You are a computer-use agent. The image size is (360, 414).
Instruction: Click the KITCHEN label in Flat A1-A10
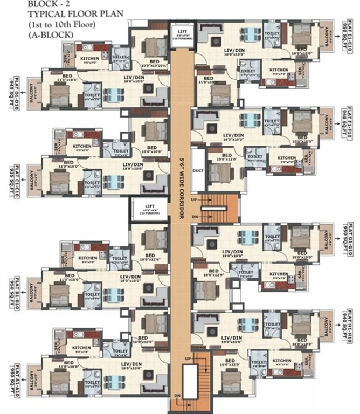click(82, 347)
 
